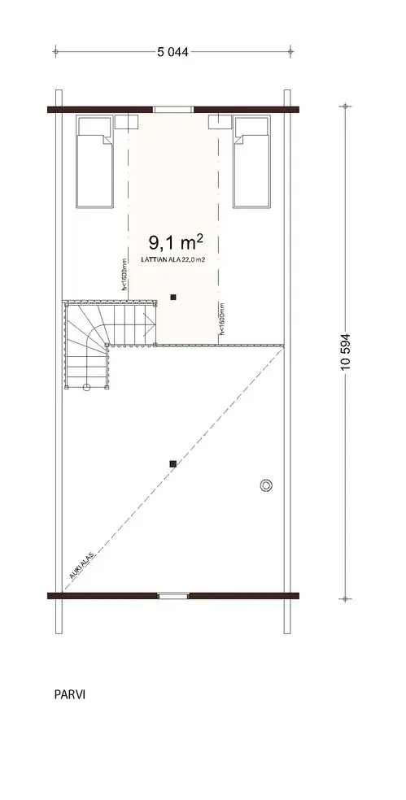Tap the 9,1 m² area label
(x=175, y=242)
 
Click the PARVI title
(x=70, y=695)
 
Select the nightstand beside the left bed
(x=126, y=122)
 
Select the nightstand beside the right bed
(x=220, y=122)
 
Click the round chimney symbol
(x=265, y=485)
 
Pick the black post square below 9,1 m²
(x=172, y=298)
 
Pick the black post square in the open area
(x=172, y=464)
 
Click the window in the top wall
(x=172, y=109)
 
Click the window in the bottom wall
(x=172, y=596)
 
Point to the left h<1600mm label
(x=123, y=275)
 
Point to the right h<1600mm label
(x=221, y=320)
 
